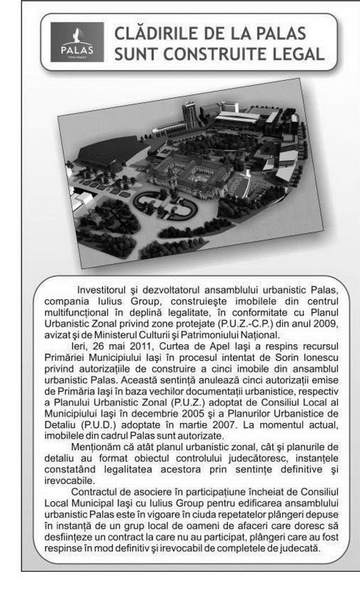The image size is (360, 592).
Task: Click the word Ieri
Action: coord(84,334)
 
